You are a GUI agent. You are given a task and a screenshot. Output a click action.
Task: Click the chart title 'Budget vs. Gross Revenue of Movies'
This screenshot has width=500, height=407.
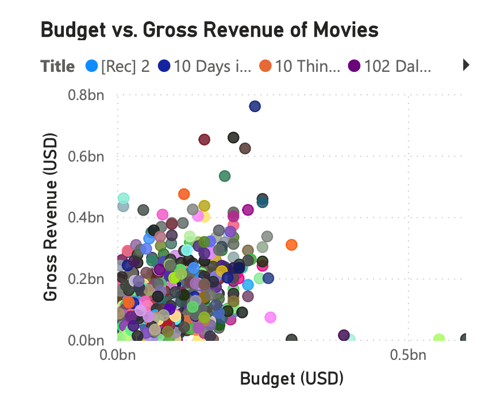coord(209,30)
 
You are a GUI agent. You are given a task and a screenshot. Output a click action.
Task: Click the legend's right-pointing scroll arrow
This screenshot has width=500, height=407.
coord(466,66)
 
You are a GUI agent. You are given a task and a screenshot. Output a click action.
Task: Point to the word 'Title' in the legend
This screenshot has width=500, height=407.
coord(57,66)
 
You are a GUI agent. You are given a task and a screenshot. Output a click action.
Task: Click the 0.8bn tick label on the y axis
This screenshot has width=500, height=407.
coord(86,95)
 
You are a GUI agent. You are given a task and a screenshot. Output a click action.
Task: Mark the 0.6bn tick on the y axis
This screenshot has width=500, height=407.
coord(86,156)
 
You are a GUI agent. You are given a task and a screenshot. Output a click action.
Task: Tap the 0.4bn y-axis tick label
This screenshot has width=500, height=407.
coord(86,218)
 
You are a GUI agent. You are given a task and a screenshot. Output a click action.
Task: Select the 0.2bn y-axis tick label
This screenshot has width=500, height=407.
coord(86,279)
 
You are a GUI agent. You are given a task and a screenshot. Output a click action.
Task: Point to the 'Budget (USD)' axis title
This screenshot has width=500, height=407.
coord(291,378)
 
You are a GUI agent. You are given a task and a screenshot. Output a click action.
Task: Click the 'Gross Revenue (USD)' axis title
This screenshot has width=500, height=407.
coord(51,217)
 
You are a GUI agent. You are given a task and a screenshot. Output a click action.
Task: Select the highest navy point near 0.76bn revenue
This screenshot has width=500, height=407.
coord(255,106)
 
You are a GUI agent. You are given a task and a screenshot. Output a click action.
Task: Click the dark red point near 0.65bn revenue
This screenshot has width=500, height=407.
coord(204,140)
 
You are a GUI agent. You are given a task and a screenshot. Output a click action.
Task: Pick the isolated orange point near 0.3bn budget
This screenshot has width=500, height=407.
coord(291,245)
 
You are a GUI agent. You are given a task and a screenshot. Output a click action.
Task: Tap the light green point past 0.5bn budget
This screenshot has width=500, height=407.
coord(439,339)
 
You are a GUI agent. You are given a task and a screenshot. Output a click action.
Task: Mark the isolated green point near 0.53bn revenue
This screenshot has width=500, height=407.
coord(225,176)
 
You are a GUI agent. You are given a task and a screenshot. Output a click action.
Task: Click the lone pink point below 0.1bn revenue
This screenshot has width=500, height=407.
coord(270,317)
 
